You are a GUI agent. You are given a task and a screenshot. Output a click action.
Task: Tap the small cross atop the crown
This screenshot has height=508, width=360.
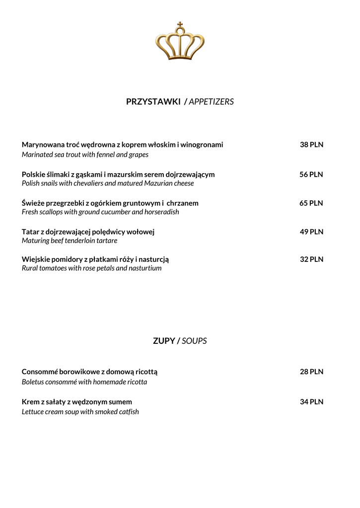[180, 24]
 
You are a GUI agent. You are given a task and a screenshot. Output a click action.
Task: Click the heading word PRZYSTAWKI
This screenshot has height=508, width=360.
[153, 102]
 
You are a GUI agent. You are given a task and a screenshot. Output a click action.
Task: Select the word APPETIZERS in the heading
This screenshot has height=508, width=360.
[211, 102]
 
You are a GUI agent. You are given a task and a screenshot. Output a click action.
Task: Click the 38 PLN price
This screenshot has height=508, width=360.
[311, 145]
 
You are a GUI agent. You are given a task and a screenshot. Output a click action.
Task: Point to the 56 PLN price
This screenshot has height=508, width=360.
[311, 175]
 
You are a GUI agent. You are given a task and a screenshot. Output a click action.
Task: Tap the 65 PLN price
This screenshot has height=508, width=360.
[311, 203]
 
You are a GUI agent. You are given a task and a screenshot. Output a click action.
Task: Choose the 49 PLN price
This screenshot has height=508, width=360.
[311, 232]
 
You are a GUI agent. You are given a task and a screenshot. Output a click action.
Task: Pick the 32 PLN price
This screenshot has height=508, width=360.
[311, 259]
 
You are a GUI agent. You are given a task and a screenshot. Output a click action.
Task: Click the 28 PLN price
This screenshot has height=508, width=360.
[311, 372]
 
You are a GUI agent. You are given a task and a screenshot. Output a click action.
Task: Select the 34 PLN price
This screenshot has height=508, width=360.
[311, 402]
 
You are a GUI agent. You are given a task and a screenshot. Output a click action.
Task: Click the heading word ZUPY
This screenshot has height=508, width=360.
[164, 341]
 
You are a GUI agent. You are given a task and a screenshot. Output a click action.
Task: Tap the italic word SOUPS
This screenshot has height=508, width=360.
[194, 341]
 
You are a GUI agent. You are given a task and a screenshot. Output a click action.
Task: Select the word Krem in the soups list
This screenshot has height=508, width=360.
[31, 402]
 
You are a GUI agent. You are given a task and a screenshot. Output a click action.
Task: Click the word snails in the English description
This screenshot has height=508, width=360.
[51, 184]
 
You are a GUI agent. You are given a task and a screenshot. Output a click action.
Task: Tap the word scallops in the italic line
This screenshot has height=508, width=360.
[55, 212]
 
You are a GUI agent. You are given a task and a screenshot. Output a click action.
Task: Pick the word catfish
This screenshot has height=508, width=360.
[127, 412]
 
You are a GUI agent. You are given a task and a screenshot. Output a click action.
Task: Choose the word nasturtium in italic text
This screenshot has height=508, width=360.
[144, 268]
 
